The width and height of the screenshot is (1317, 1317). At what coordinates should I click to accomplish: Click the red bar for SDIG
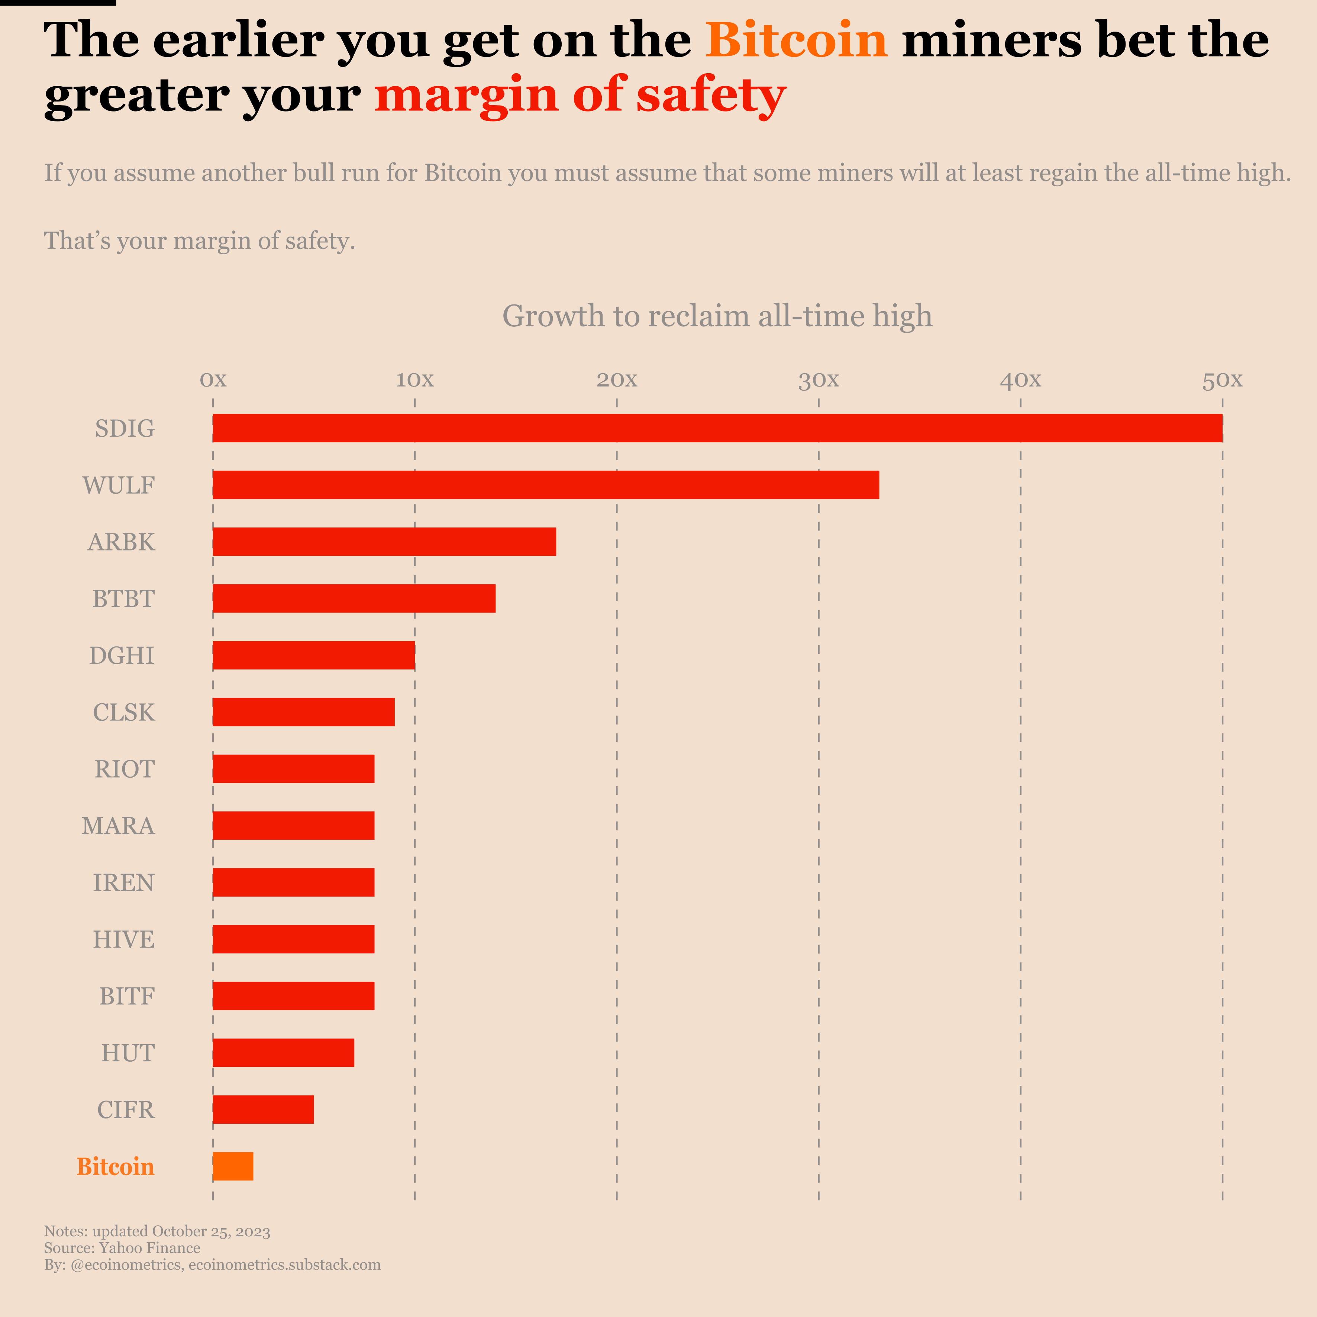click(x=717, y=428)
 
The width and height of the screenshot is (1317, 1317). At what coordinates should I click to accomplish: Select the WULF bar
click(x=545, y=485)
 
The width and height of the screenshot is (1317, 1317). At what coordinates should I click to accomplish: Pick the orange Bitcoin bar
click(x=233, y=1166)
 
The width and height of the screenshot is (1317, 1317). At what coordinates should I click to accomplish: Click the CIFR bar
click(x=263, y=1110)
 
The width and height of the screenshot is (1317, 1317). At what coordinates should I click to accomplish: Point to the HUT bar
click(x=284, y=1052)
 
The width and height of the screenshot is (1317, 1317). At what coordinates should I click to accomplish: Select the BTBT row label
click(x=123, y=598)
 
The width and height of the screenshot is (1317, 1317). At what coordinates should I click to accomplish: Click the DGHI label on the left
click(x=122, y=655)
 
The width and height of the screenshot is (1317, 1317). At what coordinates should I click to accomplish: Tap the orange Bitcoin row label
click(x=116, y=1166)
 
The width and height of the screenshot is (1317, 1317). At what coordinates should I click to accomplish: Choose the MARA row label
click(x=119, y=826)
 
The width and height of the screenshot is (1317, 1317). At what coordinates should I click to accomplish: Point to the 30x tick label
click(x=819, y=380)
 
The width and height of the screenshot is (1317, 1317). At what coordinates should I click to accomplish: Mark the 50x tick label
click(x=1222, y=380)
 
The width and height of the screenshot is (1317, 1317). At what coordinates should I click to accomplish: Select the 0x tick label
click(x=213, y=380)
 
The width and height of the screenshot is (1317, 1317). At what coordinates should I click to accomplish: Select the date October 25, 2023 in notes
click(x=211, y=1231)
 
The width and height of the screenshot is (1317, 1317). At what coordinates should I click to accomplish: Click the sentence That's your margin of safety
click(x=200, y=241)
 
